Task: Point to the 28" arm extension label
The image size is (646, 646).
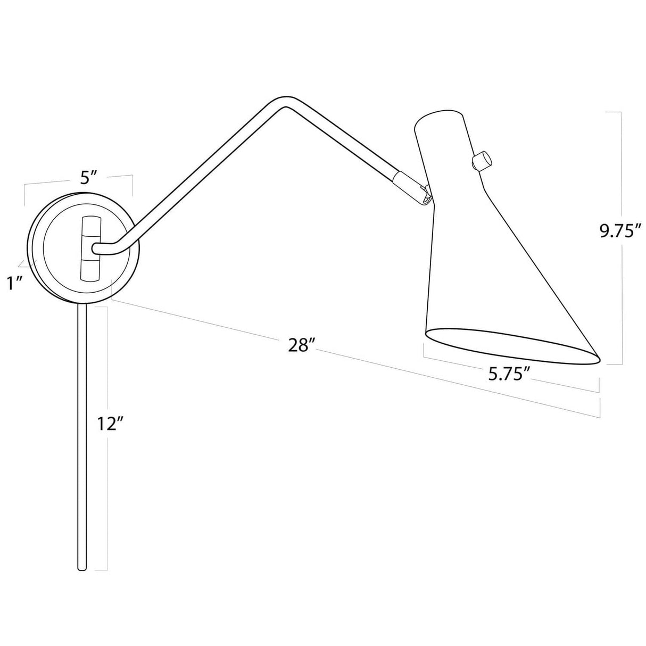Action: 299,345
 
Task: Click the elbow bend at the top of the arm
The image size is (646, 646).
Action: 282,102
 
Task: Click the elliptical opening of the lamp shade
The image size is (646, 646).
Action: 511,347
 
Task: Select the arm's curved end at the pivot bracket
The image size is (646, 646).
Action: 99,249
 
